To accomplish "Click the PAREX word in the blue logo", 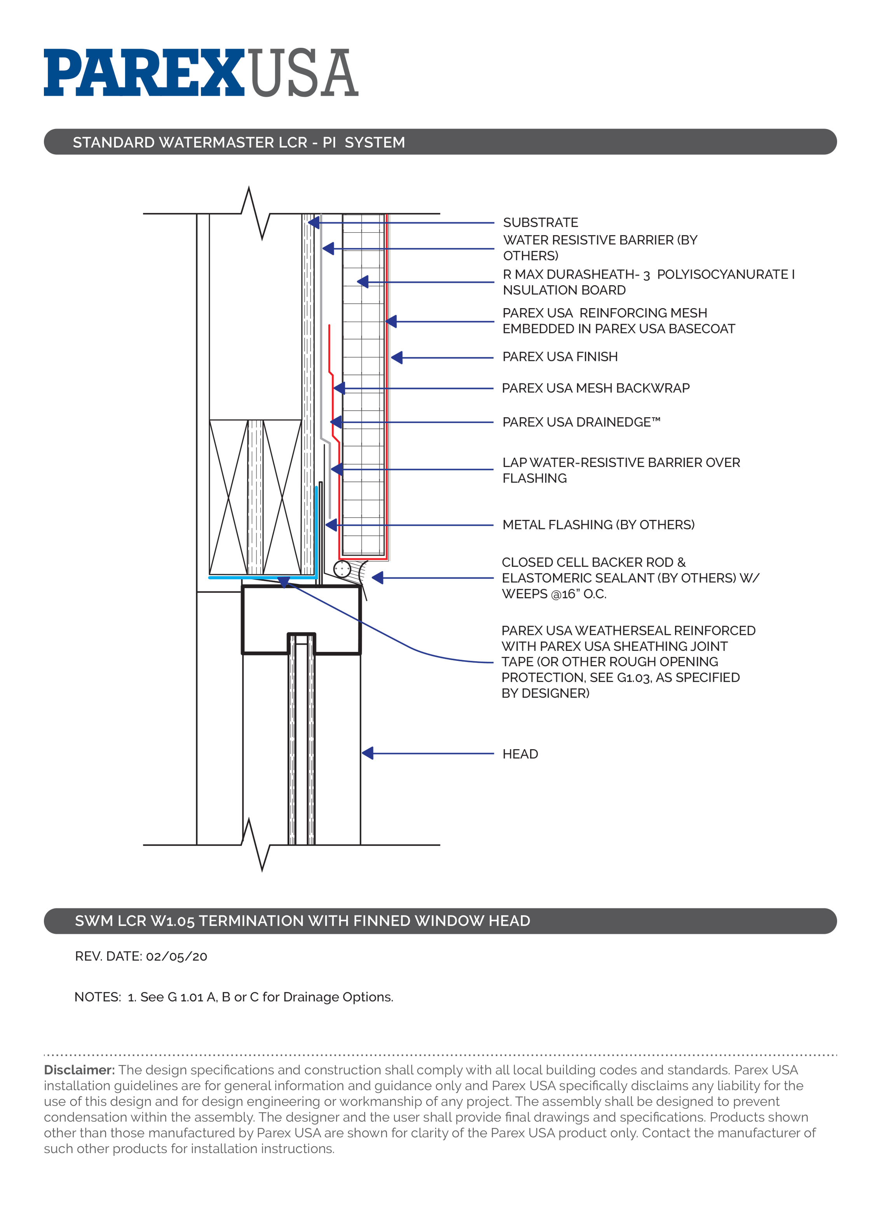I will click(144, 73).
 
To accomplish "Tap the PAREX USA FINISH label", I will click(560, 357).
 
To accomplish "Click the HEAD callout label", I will click(520, 754).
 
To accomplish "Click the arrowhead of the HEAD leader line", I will click(367, 753).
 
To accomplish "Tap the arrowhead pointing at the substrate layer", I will click(314, 222).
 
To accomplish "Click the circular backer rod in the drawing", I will click(342, 569).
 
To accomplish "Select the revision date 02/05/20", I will click(176, 957).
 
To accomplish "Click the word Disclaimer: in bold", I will click(79, 1070).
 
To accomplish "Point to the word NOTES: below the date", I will click(98, 997).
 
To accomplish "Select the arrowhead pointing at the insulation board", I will click(363, 282).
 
